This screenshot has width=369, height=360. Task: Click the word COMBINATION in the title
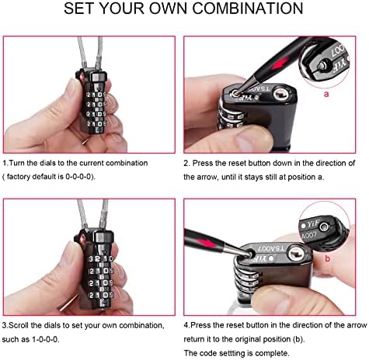(248, 9)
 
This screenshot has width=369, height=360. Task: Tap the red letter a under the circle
(326, 94)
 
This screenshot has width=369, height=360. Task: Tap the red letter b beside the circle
(328, 258)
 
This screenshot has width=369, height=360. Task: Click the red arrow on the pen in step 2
(280, 62)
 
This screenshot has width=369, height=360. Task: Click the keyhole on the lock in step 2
(280, 94)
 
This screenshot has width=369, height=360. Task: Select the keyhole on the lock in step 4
(294, 254)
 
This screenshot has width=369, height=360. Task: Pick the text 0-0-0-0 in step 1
(78, 177)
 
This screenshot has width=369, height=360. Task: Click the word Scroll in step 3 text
(19, 325)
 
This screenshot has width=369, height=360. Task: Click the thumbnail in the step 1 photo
(69, 90)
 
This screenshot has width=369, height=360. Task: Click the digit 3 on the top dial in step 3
(91, 259)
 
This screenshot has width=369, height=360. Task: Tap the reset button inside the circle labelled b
(324, 227)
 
